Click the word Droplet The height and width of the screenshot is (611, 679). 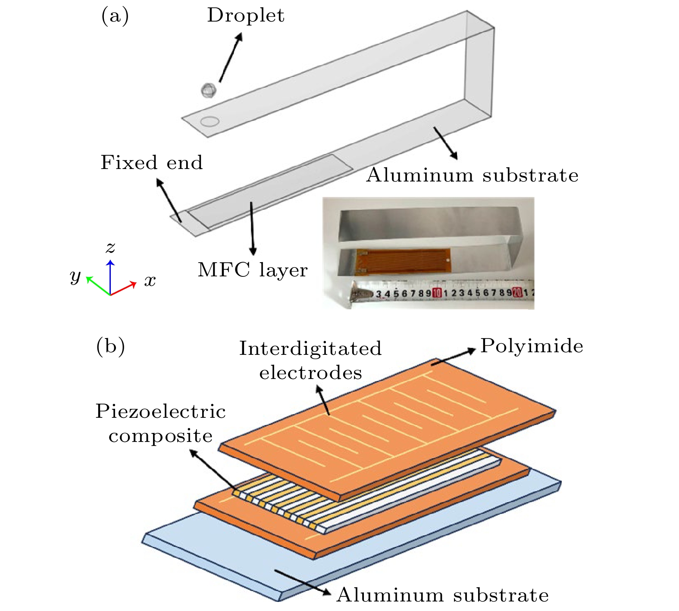coord(245,16)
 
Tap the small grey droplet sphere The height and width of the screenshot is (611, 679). coord(208,90)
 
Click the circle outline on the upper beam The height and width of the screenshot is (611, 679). coord(210,122)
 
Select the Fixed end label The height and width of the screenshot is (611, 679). coord(151,163)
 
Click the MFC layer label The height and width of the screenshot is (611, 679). coord(253,270)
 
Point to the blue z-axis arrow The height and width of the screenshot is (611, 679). coord(111,276)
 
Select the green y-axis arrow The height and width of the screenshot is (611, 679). coord(97,285)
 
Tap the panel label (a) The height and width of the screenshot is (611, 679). coord(115,16)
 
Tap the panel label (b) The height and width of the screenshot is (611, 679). coord(110,346)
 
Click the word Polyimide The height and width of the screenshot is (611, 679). coord(532,346)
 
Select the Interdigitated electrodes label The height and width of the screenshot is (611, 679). coord(310,360)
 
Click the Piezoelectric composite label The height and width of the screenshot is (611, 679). coord(160,423)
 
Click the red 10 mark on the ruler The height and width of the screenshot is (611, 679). coord(437,293)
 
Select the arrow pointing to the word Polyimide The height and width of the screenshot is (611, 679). coord(455,356)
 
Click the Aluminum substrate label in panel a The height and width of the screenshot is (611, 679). coord(472,175)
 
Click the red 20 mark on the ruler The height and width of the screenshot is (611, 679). coord(518,293)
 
